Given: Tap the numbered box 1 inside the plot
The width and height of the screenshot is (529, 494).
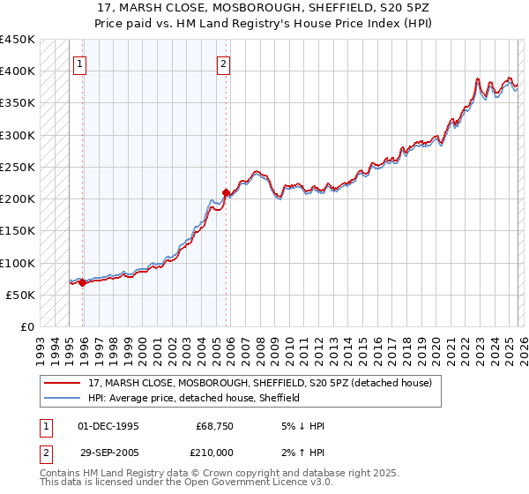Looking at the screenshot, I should coord(80,64).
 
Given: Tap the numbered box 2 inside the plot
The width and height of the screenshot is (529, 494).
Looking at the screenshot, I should coord(224,64).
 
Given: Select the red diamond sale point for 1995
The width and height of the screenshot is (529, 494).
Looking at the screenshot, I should coord(83,283).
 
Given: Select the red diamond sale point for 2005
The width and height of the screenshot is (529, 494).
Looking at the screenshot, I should coord(227,192).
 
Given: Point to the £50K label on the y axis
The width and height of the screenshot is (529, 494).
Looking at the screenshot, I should coord(21,295).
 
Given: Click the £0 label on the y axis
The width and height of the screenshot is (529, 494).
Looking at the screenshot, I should coord(28,326).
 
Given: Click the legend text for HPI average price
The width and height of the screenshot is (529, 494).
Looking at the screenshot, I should coord(194,398).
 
